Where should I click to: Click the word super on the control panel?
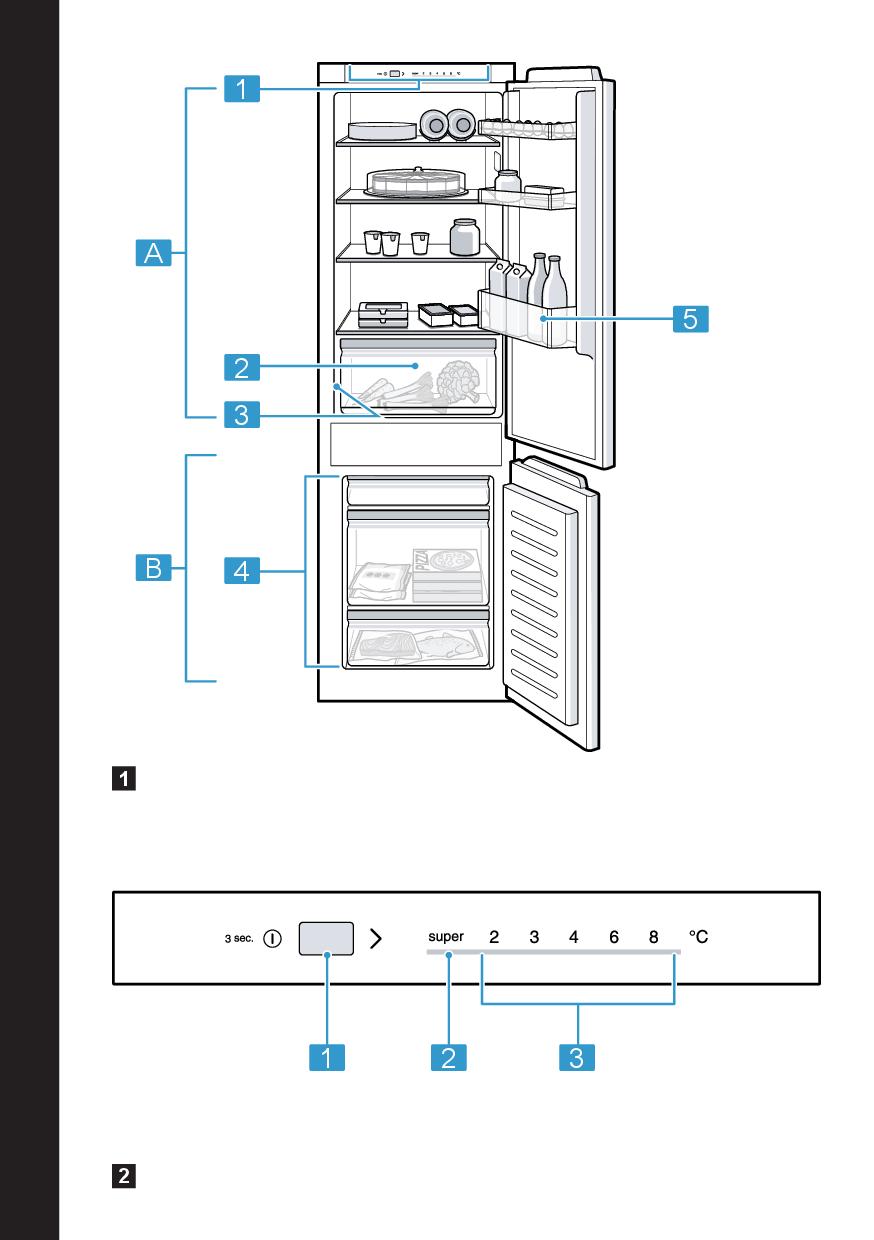pyautogui.click(x=446, y=938)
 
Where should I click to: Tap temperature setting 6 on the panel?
pyautogui.click(x=613, y=938)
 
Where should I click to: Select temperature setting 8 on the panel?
pyautogui.click(x=653, y=938)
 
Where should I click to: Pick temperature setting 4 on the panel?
pyautogui.click(x=573, y=938)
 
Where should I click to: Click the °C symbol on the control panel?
pyautogui.click(x=698, y=938)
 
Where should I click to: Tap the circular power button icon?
pyautogui.click(x=273, y=940)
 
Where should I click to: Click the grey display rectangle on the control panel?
pyautogui.click(x=326, y=939)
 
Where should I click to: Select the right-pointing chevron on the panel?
pyautogui.click(x=376, y=939)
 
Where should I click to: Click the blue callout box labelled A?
pyautogui.click(x=153, y=254)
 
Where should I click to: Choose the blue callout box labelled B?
pyautogui.click(x=153, y=570)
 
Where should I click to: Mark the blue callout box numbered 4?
pyautogui.click(x=241, y=571)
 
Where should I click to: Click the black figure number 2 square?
pyautogui.click(x=124, y=1176)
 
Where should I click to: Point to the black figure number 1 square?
pyautogui.click(x=124, y=777)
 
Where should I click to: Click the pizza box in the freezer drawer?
pyautogui.click(x=445, y=573)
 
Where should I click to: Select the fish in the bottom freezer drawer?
pyautogui.click(x=445, y=646)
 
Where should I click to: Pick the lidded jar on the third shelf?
pyautogui.click(x=464, y=237)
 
